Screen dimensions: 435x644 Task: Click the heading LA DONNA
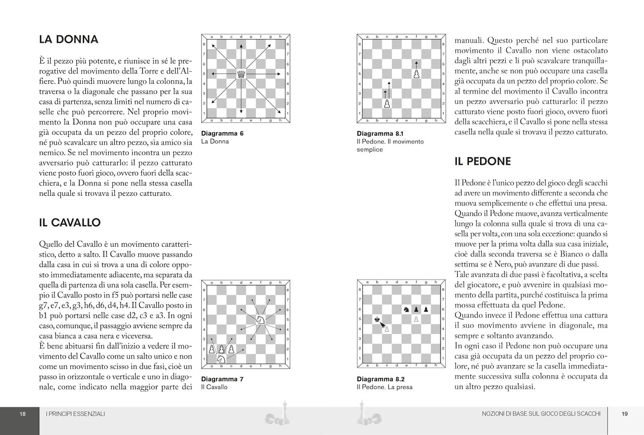point(69,39)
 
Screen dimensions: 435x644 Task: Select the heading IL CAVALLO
point(70,222)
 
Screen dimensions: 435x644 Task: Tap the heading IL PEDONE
point(483,161)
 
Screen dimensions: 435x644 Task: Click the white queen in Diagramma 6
point(241,74)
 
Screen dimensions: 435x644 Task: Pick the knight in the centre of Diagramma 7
point(260,319)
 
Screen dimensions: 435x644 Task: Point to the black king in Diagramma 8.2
point(377,319)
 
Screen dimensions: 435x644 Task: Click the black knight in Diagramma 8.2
point(406,309)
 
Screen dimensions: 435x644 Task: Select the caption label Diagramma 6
point(222,133)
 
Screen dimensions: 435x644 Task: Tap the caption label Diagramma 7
point(222,379)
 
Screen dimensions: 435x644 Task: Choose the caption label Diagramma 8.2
point(381,379)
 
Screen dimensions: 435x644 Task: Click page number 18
point(23,414)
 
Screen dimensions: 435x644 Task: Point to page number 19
point(624,414)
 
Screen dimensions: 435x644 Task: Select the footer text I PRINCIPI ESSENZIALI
point(75,414)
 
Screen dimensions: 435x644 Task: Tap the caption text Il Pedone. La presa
point(385,387)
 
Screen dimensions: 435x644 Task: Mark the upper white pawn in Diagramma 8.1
point(416,74)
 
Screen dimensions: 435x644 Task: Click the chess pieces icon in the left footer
point(276,414)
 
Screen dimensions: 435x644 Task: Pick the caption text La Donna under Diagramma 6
point(215,141)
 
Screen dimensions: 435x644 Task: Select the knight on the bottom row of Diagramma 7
point(222,358)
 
